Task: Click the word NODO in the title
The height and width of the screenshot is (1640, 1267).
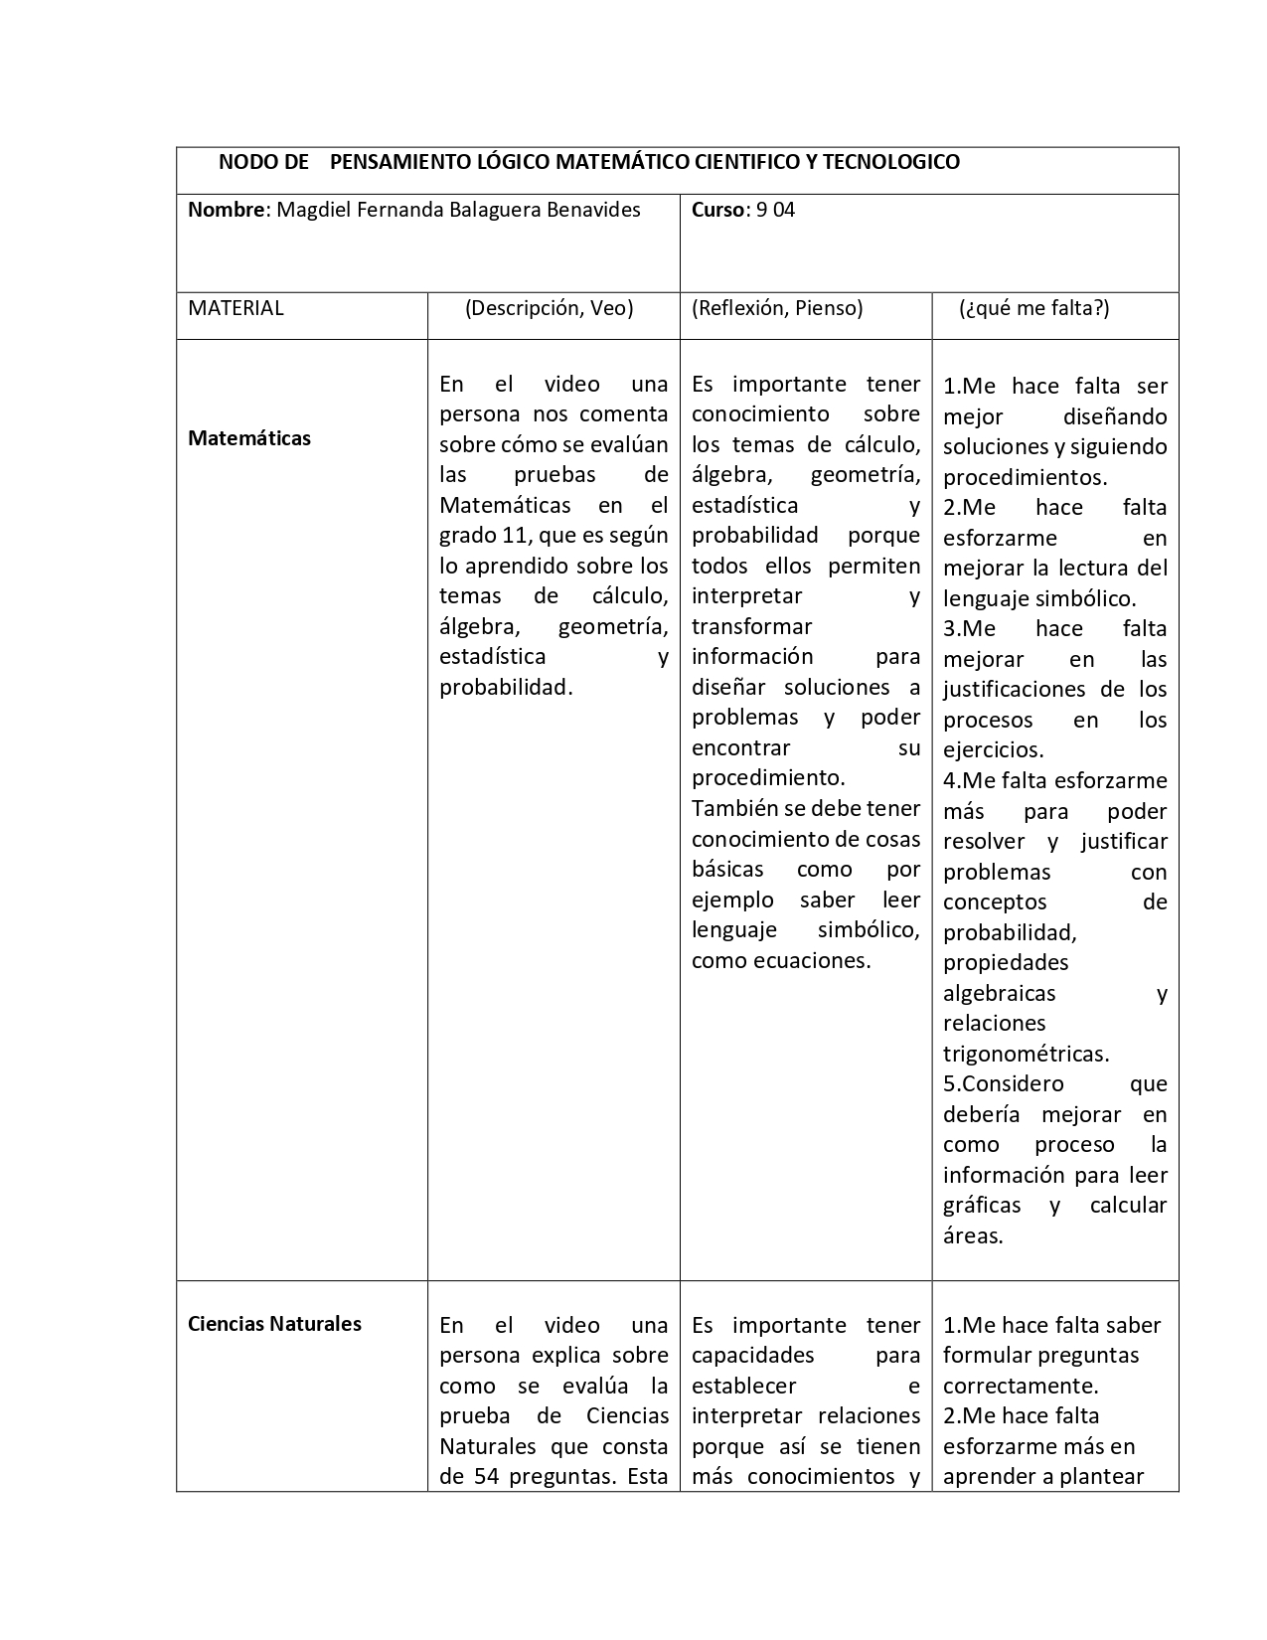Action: click(242, 162)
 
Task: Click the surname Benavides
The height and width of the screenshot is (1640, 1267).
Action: click(594, 210)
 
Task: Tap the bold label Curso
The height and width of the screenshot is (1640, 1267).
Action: click(717, 210)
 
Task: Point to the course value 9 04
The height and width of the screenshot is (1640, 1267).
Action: click(776, 210)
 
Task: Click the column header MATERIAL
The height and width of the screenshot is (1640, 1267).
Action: click(236, 308)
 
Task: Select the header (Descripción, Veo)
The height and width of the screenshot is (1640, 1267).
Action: click(549, 308)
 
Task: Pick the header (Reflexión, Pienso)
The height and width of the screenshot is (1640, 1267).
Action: click(777, 308)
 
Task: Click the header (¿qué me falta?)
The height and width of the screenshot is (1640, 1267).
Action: click(1033, 308)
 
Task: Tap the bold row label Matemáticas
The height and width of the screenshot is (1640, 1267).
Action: click(249, 438)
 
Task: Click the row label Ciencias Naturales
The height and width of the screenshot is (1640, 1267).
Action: click(274, 1324)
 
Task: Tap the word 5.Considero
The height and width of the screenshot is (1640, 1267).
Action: click(1003, 1084)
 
